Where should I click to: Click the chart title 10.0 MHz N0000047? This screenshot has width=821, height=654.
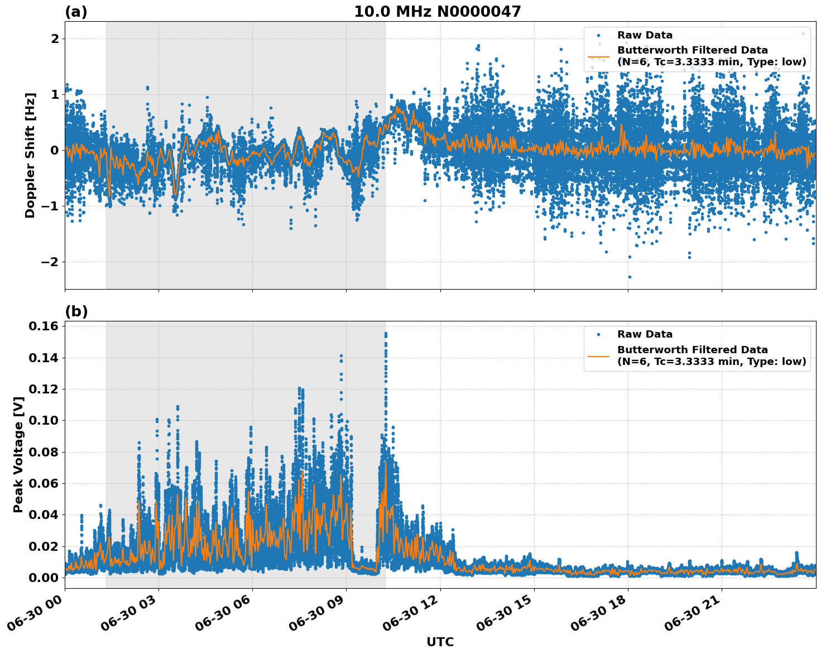[438, 12]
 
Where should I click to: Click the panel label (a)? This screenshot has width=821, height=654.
[76, 12]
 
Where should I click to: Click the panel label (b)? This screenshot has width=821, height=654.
[76, 311]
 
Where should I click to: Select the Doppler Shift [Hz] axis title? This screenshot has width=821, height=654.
[30, 155]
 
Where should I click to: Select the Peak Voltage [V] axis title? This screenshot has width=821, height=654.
[18, 455]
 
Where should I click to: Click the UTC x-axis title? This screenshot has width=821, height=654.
[440, 642]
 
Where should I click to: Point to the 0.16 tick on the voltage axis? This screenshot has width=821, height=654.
[47, 326]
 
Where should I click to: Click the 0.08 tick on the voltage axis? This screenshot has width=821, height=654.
[47, 452]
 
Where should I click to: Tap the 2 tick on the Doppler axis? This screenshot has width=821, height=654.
[55, 39]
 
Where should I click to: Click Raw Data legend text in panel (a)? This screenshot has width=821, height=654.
[645, 35]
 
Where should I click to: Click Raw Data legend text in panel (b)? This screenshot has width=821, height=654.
[645, 334]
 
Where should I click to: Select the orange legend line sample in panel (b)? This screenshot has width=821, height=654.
[599, 355]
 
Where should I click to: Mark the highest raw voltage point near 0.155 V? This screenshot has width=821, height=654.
[386, 333]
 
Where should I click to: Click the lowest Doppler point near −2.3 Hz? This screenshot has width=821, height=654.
[630, 277]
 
